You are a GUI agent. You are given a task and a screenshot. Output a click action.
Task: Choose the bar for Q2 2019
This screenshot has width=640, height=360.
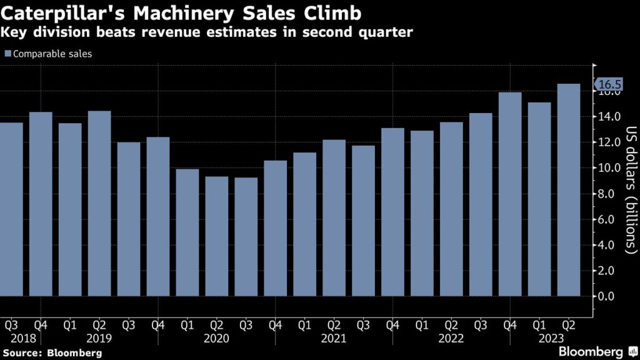(x=99, y=203)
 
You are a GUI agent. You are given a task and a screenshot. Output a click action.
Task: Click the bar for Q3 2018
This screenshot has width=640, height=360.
(x=11, y=209)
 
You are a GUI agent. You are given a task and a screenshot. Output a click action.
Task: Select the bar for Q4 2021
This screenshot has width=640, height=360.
(x=392, y=212)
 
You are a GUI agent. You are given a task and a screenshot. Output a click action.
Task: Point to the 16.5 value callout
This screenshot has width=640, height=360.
(x=609, y=85)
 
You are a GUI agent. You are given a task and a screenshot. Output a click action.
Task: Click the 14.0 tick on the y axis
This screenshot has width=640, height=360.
(x=610, y=117)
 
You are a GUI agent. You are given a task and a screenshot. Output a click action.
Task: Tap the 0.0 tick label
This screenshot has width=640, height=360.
(x=610, y=296)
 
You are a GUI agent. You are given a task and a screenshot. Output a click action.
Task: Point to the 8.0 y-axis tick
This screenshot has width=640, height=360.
(x=610, y=194)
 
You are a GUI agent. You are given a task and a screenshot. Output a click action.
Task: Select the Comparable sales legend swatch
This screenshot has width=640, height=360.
(x=7, y=54)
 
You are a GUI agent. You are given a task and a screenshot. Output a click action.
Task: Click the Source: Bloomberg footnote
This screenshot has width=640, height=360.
(x=51, y=353)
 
